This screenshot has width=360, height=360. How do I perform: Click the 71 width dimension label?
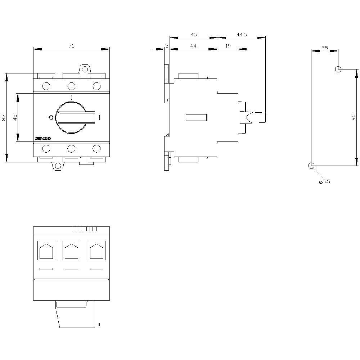pos(71,45)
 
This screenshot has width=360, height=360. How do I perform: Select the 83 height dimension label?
pos(4,117)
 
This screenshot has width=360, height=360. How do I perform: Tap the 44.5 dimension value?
pos(242,35)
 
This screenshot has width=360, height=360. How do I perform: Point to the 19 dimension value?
pos(228,45)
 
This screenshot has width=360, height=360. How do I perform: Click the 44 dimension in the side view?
pos(193,45)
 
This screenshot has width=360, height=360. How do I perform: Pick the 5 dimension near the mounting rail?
pos(167,45)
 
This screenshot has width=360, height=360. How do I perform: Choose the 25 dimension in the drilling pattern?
pos(324,47)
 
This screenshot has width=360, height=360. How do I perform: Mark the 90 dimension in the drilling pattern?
pos(354,117)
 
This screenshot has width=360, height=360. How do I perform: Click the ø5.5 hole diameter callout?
pos(324,182)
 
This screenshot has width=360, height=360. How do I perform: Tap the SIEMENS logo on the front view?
pos(43,139)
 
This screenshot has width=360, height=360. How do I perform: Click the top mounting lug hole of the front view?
pos(84,69)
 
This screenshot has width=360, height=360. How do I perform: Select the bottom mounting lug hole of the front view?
pos(57,166)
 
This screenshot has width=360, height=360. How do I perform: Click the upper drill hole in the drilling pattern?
pos(338,69)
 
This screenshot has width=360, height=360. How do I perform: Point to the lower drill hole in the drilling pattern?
pos(311,166)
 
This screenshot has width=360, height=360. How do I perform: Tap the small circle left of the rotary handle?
pos(51,117)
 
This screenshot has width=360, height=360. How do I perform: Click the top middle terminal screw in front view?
pos(71,86)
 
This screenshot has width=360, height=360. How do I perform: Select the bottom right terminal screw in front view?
pos(96,148)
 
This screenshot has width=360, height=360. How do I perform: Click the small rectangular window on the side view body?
pos(196,117)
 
